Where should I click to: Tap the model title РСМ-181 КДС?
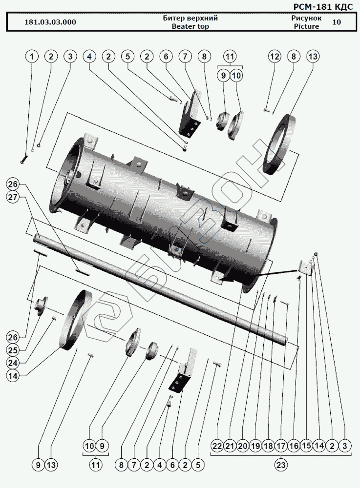click(323, 6)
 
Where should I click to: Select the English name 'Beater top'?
click(190, 26)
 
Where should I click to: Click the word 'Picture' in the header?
click(306, 26)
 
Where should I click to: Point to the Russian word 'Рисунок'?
click(306, 18)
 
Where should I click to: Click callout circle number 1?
click(32, 57)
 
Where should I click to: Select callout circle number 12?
click(275, 57)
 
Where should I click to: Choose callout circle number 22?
click(217, 446)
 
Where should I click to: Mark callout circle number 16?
click(294, 446)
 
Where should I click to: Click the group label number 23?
click(281, 465)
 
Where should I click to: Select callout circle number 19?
click(255, 446)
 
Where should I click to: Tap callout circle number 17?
click(281, 446)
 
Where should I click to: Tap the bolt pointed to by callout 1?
click(23, 159)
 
